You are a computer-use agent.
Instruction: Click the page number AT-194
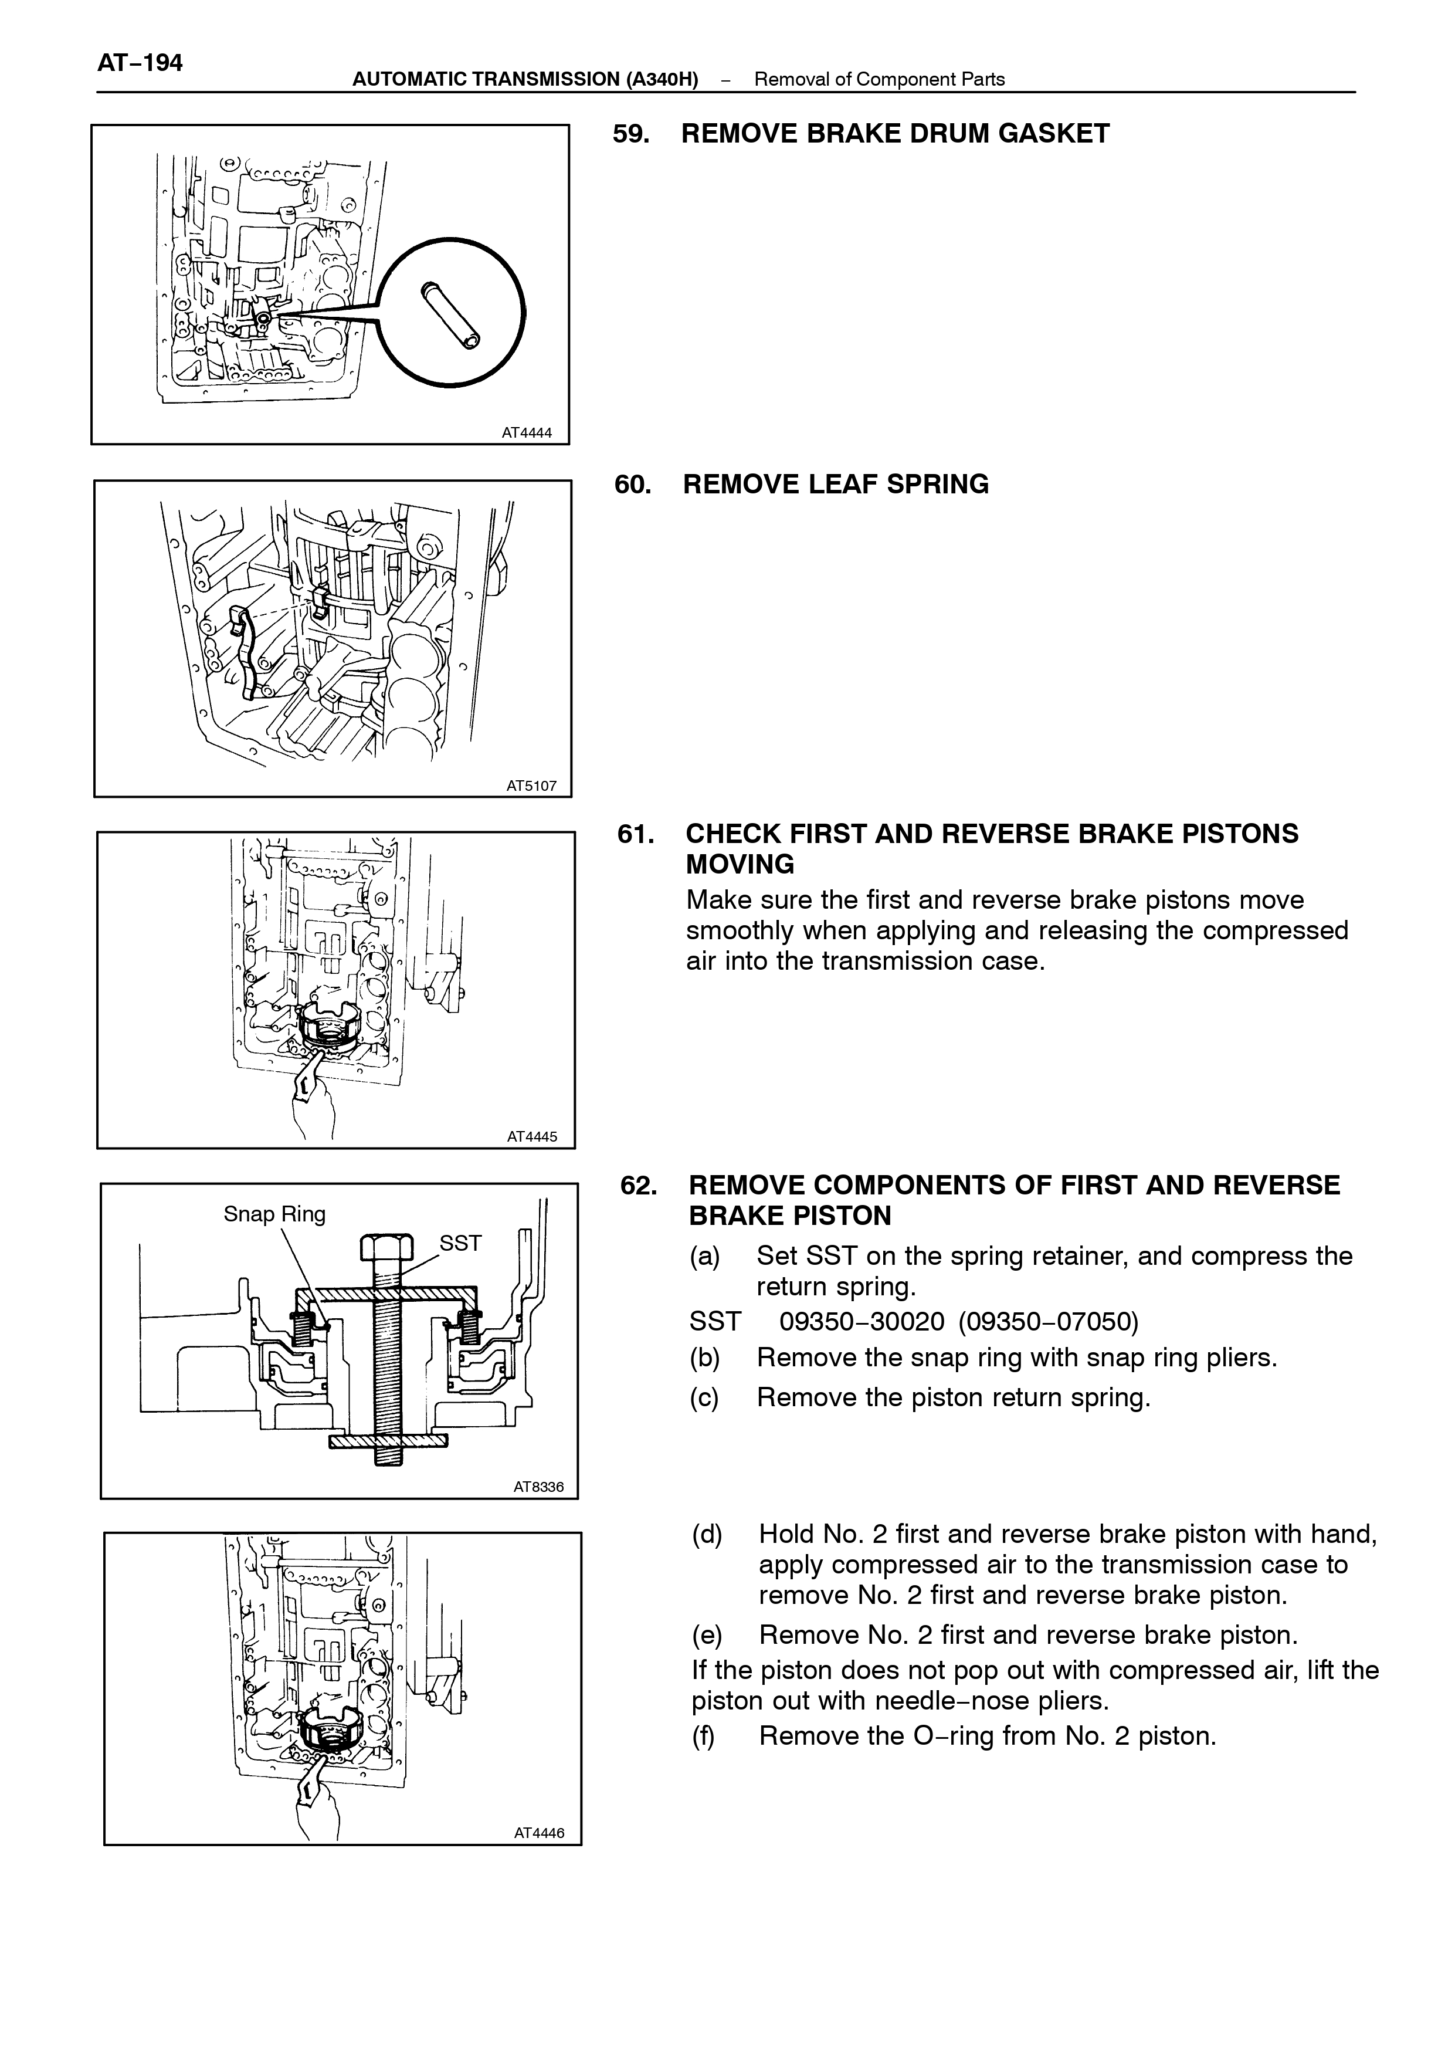tap(140, 63)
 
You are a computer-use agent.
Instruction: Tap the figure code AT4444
tap(527, 433)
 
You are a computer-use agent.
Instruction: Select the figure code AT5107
tap(531, 786)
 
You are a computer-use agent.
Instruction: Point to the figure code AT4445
tap(532, 1136)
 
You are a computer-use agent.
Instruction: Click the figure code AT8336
tap(538, 1487)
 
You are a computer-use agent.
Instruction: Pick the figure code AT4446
tap(540, 1833)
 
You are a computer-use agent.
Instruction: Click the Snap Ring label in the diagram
tap(274, 1214)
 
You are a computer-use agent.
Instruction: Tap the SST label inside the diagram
tap(460, 1243)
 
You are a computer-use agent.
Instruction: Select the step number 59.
tap(632, 134)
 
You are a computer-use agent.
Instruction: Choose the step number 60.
tap(633, 485)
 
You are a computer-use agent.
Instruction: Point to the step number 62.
tap(639, 1186)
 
